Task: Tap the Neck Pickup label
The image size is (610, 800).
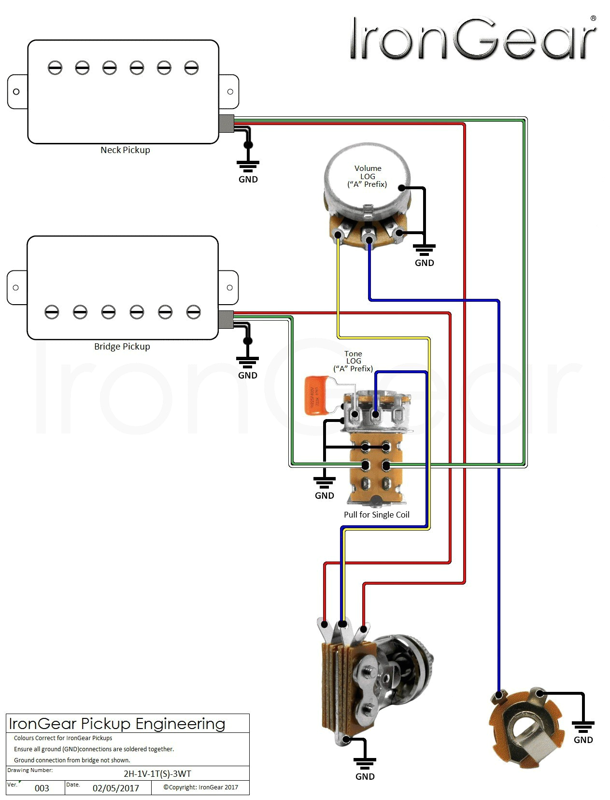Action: point(125,150)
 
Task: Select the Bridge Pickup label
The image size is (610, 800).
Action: point(122,347)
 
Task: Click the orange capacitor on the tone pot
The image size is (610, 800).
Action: point(317,396)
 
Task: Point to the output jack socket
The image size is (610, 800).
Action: point(526,724)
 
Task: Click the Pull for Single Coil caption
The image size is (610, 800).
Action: point(376,515)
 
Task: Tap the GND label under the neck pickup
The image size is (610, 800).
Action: point(248,180)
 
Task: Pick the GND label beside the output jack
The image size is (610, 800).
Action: point(583,740)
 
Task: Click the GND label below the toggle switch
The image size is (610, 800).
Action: point(365,777)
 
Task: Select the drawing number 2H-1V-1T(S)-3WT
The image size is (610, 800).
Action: point(157,774)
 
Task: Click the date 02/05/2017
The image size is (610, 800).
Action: point(115,788)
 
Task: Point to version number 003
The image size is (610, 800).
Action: point(42,788)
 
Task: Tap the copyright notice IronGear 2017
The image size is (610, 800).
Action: point(200,787)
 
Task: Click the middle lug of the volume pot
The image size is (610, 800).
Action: point(369,240)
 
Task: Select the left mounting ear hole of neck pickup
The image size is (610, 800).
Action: point(16,92)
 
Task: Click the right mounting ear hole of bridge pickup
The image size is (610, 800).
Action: point(229,288)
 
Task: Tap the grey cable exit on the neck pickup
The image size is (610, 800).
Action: point(226,124)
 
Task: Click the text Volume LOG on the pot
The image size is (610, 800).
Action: point(368,172)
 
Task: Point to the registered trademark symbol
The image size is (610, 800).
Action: point(593,18)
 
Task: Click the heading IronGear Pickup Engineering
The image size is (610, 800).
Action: point(117,724)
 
